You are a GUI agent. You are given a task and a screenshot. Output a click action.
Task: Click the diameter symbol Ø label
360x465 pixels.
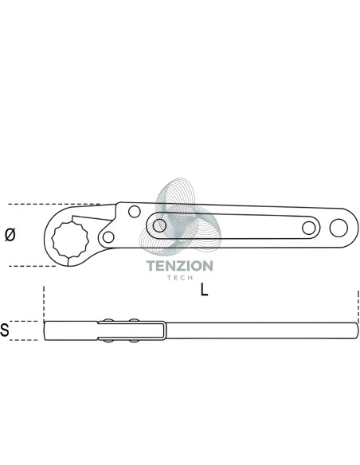pos(10,235)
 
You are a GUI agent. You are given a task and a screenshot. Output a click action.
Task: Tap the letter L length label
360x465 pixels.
pos(204,290)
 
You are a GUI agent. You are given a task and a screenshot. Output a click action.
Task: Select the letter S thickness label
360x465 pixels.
pos(5,330)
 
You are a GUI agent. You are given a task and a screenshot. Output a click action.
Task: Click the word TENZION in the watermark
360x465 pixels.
pos(180,266)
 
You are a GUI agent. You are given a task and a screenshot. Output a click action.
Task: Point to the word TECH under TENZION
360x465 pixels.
pos(180,278)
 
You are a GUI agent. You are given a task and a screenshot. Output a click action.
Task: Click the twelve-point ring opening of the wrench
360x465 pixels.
pos(70,239)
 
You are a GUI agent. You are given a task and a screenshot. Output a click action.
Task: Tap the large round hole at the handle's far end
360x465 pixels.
pos(338,228)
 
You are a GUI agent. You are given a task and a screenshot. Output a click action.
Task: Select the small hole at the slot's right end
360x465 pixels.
pos(309,228)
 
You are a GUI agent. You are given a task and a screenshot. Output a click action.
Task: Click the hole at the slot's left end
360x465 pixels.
pos(159,225)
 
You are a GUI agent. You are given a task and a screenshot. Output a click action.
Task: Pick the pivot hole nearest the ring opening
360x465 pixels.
pos(108,237)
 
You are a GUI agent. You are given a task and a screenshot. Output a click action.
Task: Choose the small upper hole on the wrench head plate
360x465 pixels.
pos(135,212)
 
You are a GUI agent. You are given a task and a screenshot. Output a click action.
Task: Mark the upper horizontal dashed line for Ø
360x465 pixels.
pos(54,204)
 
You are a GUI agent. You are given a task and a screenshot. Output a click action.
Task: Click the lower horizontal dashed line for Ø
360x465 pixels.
pos(32,266)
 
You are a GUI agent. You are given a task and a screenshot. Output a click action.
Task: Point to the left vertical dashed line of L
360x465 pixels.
pos(44,303)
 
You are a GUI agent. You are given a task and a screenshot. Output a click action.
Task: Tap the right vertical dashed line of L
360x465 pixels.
pos(358,306)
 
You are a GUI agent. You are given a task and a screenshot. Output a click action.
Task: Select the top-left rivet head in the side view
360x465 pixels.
pos(108,320)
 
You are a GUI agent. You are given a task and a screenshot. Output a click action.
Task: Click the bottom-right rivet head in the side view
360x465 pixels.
pos(134,341)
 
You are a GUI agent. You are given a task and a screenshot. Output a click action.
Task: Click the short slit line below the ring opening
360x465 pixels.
pos(68,261)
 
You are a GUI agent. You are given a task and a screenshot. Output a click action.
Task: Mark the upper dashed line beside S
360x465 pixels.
pos(24,321)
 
